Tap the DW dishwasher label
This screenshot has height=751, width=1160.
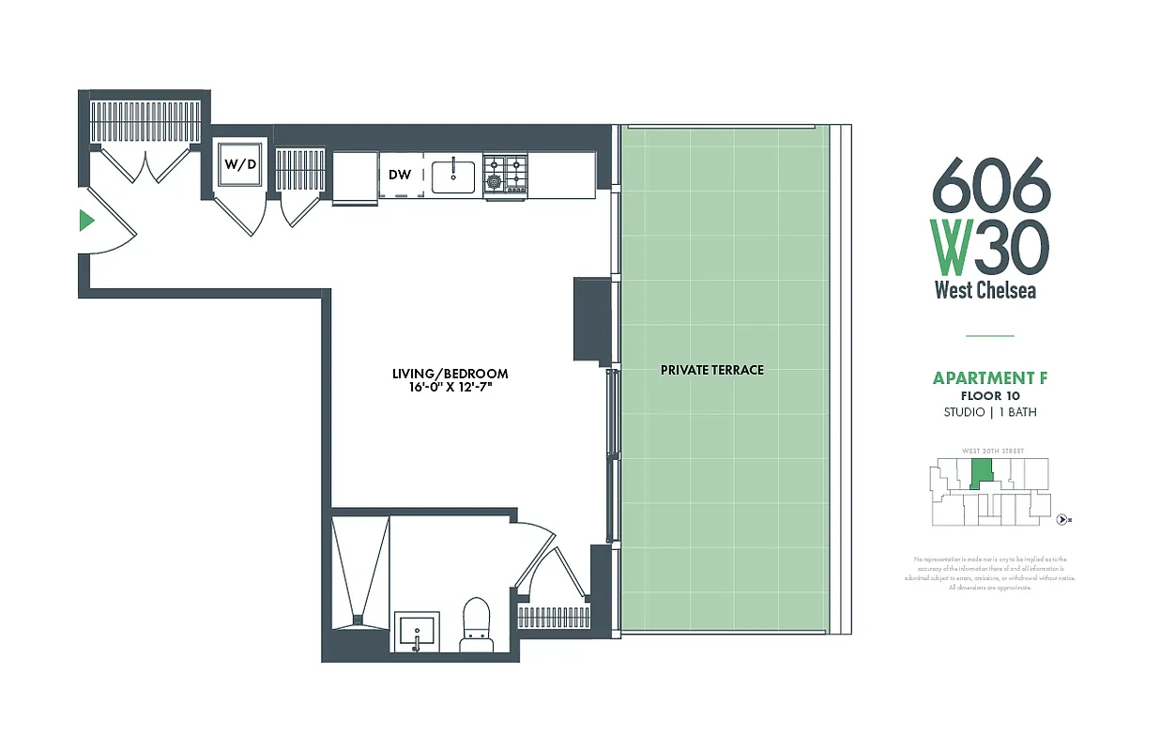coord(400,174)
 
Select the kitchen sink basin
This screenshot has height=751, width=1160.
coord(453,175)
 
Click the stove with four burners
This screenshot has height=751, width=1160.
coord(505,174)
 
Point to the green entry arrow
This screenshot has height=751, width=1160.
coord(86,221)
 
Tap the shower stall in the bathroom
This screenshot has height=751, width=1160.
coord(360,573)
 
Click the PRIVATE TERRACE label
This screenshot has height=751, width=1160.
coord(712,370)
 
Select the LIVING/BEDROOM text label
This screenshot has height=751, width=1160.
coord(450,374)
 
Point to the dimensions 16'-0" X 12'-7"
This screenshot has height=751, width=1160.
coord(450,388)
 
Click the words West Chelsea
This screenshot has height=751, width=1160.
coord(984,289)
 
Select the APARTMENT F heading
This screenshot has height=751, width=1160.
coord(989,378)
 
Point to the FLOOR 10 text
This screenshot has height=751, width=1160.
coord(989,396)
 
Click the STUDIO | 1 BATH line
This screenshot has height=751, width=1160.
coord(989,412)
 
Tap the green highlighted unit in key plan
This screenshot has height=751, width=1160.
coord(980,473)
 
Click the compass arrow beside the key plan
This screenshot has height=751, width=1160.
coord(1062,518)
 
